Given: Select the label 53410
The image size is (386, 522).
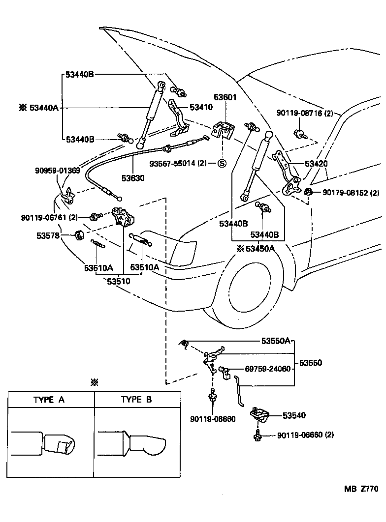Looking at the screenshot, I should (201, 107).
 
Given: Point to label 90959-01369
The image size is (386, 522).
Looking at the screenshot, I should (57, 171).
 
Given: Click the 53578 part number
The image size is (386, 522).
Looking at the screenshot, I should (48, 236).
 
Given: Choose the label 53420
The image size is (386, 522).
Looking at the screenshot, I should (316, 164).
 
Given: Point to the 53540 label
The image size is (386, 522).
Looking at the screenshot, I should (294, 415).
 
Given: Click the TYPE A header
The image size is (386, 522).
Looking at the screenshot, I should (49, 400).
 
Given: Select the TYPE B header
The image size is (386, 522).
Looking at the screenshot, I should (136, 400).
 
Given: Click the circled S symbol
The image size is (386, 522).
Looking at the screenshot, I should (222, 164).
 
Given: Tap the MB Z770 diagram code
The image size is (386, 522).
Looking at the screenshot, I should (361, 489).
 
